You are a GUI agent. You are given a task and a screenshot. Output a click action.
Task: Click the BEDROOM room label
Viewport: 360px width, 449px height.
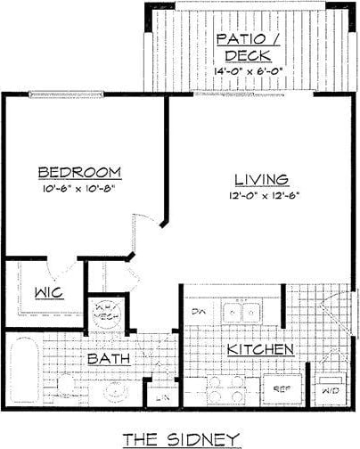point(80,172)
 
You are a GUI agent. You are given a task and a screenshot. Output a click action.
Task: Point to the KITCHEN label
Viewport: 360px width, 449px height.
point(259,348)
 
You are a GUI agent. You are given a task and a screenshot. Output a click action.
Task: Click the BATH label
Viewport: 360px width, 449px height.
point(110,358)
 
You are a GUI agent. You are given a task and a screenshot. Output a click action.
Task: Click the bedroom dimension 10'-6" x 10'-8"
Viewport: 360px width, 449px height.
point(80,188)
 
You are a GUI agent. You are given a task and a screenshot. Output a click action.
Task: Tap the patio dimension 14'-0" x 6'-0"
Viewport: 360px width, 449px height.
point(247,71)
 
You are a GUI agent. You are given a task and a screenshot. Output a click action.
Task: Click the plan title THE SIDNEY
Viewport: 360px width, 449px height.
point(181,437)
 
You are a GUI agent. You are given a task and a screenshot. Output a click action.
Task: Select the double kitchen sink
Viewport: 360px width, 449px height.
point(241,313)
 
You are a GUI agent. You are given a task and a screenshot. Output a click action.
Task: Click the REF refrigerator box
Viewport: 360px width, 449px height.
point(282,388)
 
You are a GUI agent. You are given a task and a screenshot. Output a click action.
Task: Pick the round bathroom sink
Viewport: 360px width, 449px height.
point(117,389)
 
